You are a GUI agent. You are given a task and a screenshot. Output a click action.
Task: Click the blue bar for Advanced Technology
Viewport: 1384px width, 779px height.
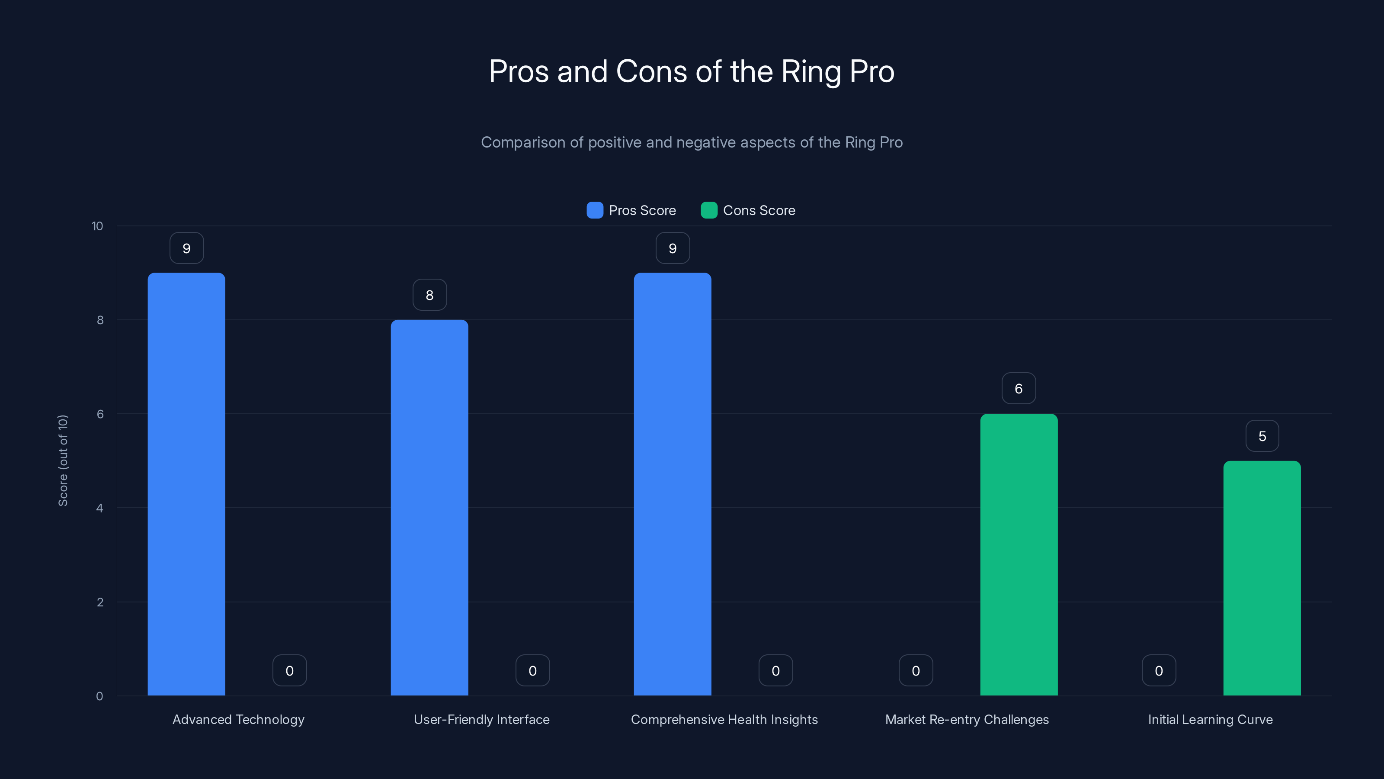click(186, 484)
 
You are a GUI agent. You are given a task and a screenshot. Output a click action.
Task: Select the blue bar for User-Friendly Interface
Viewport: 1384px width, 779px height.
click(429, 508)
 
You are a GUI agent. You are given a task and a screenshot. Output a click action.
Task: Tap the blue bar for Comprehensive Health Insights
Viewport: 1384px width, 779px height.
click(672, 484)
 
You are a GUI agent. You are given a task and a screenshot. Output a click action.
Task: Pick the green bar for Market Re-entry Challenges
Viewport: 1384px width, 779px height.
click(1019, 554)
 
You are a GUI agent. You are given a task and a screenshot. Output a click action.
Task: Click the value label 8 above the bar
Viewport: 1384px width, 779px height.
click(429, 295)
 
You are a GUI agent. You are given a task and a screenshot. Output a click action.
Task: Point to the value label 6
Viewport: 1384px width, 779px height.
click(1019, 388)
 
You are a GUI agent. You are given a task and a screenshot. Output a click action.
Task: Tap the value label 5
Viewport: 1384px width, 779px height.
click(1262, 436)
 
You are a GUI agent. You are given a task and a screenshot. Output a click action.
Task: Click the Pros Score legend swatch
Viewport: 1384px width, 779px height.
click(595, 210)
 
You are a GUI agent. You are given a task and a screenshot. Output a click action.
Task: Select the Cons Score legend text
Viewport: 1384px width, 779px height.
click(759, 210)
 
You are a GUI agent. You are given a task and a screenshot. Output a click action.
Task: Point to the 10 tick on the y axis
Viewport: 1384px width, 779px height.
click(97, 226)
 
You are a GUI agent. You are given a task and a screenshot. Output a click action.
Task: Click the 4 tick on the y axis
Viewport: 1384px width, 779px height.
click(99, 508)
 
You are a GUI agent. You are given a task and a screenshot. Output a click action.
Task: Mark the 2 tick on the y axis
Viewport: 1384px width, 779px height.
click(100, 602)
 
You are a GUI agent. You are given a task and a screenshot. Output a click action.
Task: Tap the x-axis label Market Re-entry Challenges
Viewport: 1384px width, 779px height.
click(967, 719)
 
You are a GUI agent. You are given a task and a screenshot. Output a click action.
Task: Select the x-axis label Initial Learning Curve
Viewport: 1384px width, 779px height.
click(1210, 719)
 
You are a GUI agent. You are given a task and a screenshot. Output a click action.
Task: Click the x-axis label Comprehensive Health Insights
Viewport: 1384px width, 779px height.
click(724, 719)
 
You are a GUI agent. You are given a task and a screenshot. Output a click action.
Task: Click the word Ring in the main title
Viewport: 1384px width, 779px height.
click(811, 71)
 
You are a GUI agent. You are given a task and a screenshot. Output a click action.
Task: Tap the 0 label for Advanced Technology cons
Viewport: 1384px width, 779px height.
click(290, 670)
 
